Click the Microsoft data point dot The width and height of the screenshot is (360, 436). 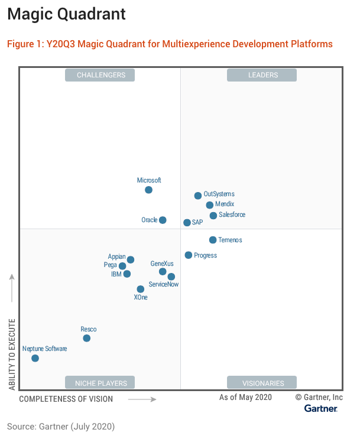coord(148,190)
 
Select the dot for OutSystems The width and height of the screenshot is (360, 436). coord(198,196)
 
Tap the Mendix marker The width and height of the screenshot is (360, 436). coord(210,205)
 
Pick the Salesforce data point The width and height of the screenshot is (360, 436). coord(213,216)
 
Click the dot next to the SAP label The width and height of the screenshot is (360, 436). coord(187,223)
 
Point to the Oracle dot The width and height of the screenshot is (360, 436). coord(163,220)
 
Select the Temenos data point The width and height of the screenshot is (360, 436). coord(213,240)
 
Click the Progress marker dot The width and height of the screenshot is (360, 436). coord(189,255)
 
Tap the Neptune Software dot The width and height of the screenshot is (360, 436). coord(35,358)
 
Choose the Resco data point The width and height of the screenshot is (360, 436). coord(87,338)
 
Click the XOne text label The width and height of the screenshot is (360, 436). coord(141,297)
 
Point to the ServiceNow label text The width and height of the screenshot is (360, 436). coord(164,284)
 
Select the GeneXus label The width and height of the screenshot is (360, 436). coord(163,263)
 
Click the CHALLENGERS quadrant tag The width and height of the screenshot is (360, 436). coord(100,75)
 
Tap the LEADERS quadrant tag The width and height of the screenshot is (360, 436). coord(262,75)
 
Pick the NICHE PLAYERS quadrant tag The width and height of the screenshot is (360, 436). coord(100,383)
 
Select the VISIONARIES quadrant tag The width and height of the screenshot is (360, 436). coord(262,383)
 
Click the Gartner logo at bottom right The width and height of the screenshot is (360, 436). coord(321,408)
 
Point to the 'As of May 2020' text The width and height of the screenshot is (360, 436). coord(245,398)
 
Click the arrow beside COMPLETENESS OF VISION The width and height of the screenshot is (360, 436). coord(142,399)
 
